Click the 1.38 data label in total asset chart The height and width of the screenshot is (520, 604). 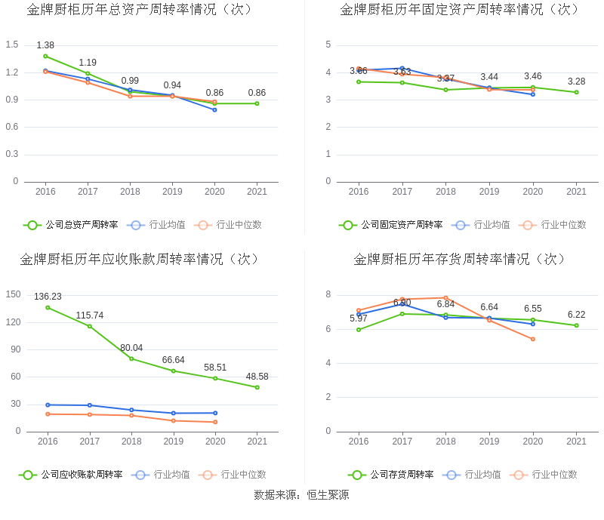(45, 45)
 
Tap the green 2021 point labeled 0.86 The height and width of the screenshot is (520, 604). (257, 103)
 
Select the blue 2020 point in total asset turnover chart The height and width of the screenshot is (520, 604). (214, 109)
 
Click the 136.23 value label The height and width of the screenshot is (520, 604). (48, 297)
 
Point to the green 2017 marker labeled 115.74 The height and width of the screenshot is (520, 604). (90, 326)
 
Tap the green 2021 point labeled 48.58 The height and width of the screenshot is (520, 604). (257, 387)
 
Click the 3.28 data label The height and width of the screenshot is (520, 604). (577, 82)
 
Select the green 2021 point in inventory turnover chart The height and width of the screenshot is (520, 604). (576, 325)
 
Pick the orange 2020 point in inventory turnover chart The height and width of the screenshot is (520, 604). (533, 339)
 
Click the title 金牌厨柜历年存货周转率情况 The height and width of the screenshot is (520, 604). (460, 260)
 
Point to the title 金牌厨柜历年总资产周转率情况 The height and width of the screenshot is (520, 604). (140, 10)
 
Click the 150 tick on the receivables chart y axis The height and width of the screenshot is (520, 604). (13, 294)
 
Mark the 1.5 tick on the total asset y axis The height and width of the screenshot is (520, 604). (12, 45)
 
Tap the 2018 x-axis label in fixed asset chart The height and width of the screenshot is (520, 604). (445, 192)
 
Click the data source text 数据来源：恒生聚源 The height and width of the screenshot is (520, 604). (302, 495)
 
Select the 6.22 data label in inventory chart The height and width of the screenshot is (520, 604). (577, 315)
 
